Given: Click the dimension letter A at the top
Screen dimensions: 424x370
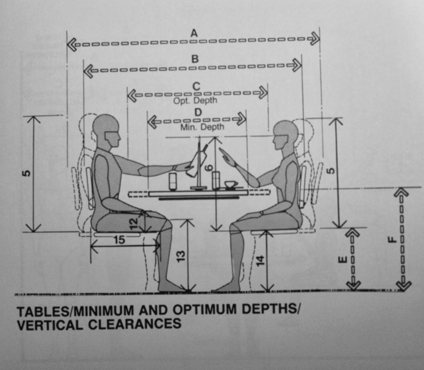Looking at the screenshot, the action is (x=194, y=33).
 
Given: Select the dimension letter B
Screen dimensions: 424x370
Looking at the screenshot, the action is (x=195, y=59).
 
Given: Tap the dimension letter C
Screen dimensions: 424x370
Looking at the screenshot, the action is (x=196, y=86).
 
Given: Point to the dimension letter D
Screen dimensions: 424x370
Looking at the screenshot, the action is (x=198, y=112).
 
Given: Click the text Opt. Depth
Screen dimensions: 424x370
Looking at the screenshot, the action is (x=195, y=100).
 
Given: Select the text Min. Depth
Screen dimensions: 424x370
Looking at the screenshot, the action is (x=202, y=127).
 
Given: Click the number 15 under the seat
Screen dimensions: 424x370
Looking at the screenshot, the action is (x=119, y=240).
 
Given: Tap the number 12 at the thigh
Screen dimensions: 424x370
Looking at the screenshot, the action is (x=134, y=224).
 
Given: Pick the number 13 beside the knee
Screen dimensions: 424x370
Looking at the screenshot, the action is (x=181, y=256).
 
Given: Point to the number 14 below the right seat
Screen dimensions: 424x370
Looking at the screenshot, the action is (x=260, y=260).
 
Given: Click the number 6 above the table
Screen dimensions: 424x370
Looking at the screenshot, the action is (x=208, y=168).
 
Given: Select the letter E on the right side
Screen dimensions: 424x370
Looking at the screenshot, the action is (x=342, y=260).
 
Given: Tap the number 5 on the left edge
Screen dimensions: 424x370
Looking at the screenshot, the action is (x=26, y=173).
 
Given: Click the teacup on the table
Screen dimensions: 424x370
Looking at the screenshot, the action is (x=231, y=185).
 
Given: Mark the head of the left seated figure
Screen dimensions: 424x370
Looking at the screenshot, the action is (x=106, y=131).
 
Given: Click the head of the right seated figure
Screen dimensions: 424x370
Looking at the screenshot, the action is (x=286, y=135).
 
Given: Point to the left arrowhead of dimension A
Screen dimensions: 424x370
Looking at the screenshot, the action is (x=72, y=44).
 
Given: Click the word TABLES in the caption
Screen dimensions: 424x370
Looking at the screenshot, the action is (x=43, y=312).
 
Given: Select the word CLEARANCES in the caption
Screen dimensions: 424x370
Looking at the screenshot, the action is (x=135, y=324).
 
